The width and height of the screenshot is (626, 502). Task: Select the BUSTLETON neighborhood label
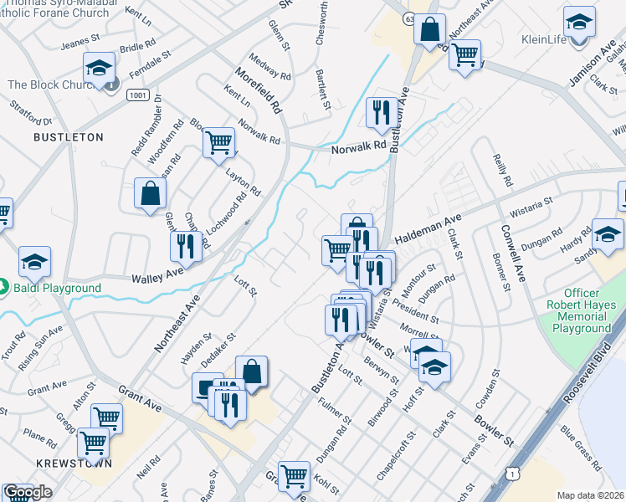pyautogui.click(x=69, y=136)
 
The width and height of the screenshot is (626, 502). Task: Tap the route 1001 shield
pyautogui.click(x=139, y=96)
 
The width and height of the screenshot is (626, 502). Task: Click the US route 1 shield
pyautogui.click(x=511, y=474)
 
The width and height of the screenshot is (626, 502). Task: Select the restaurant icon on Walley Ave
pyautogui.click(x=184, y=246)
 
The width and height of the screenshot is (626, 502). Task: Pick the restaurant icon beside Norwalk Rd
pyautogui.click(x=382, y=112)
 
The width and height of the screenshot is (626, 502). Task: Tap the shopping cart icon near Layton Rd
pyautogui.click(x=218, y=142)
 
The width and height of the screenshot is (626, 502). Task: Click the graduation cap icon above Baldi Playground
pyautogui.click(x=35, y=261)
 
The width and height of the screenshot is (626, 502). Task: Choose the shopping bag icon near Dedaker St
pyautogui.click(x=251, y=371)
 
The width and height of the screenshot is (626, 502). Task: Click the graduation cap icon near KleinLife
pyautogui.click(x=579, y=22)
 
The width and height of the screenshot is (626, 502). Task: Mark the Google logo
pyautogui.click(x=28, y=492)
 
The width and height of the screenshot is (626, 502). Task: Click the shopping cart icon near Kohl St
pyautogui.click(x=294, y=477)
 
